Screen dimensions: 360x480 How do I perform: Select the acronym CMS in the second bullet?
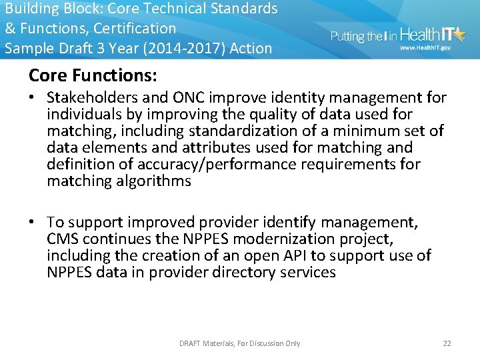coord(63,239)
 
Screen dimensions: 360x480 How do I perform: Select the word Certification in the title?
coord(135,29)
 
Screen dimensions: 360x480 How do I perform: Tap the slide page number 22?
coord(447,343)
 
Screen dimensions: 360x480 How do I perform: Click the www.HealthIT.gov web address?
coord(425,48)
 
